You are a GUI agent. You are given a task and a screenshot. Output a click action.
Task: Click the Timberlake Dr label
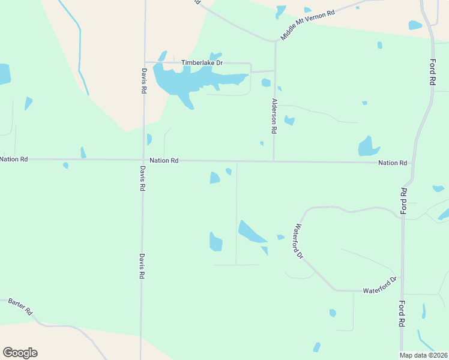point(202,62)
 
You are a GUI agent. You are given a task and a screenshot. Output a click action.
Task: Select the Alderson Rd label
point(274,116)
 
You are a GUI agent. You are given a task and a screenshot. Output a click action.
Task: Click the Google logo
point(20,353)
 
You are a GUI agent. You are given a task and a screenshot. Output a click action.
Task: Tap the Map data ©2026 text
point(423,355)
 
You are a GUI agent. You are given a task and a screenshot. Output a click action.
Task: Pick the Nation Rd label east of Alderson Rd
point(393,163)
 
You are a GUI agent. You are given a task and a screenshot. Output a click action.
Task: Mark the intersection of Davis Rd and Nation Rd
point(143,160)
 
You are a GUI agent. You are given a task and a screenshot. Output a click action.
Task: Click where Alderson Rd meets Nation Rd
point(274,161)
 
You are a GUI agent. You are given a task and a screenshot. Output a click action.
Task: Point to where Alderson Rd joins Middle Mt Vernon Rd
point(276,41)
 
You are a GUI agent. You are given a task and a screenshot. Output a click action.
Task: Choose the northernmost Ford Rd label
point(432,72)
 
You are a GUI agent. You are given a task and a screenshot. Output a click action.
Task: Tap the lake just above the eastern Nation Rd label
point(367,146)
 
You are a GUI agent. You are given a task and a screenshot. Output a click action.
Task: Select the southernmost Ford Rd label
point(402,313)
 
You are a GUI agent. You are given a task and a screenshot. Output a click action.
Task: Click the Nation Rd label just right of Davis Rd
point(164,161)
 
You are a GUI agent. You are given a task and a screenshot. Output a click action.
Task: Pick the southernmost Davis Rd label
point(142,265)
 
